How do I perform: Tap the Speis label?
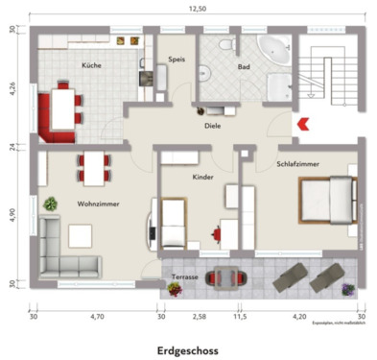click(x=176, y=60)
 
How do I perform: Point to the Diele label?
click(x=212, y=125)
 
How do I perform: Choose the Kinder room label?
click(x=202, y=178)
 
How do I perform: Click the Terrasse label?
click(x=184, y=276)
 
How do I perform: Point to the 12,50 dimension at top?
click(x=197, y=8)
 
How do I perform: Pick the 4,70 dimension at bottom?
click(x=97, y=315)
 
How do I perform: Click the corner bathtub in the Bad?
click(x=276, y=50)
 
